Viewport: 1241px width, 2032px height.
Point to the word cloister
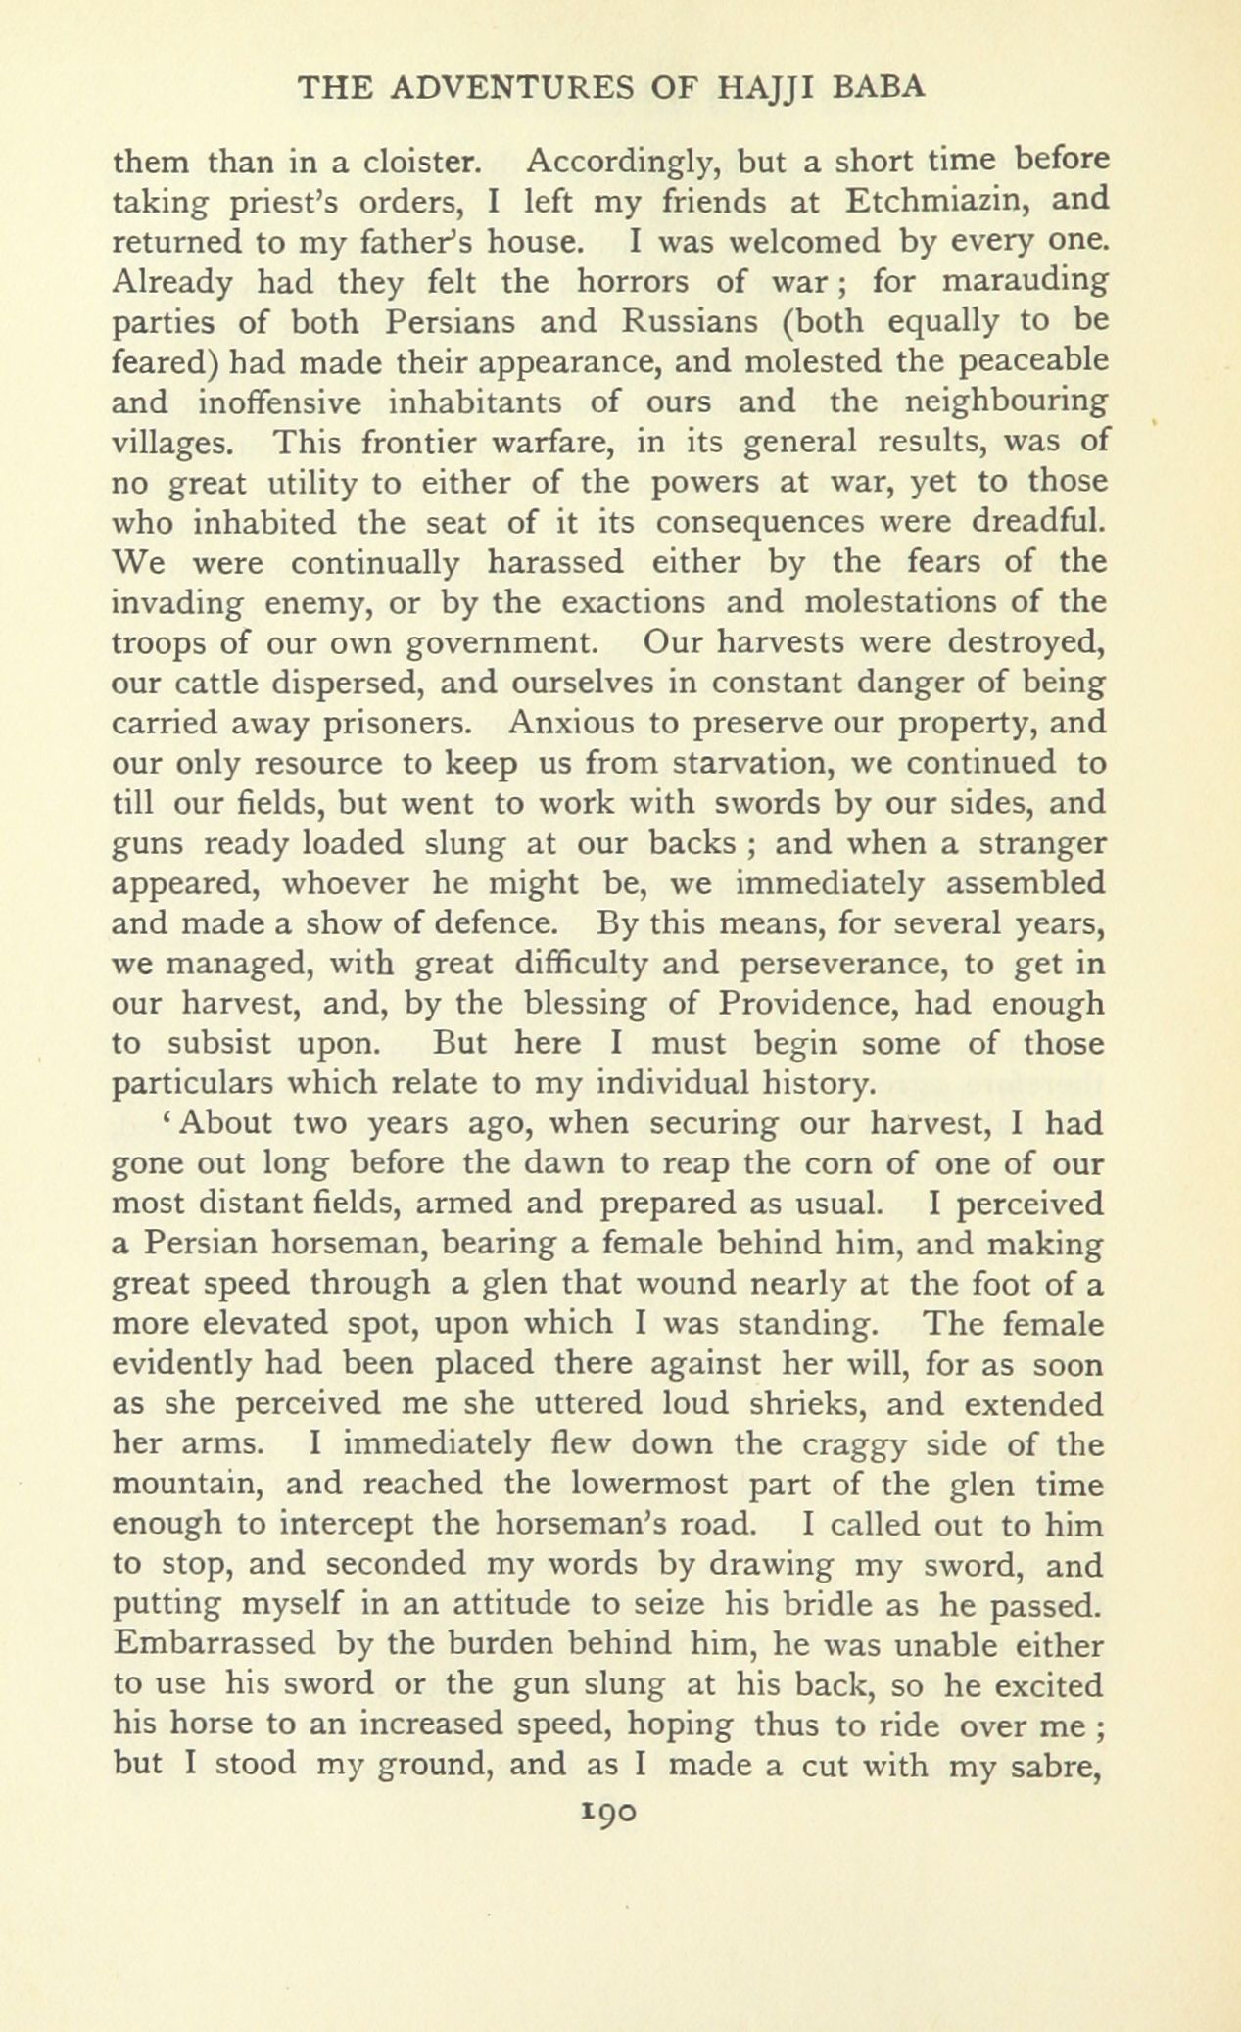point(420,160)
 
